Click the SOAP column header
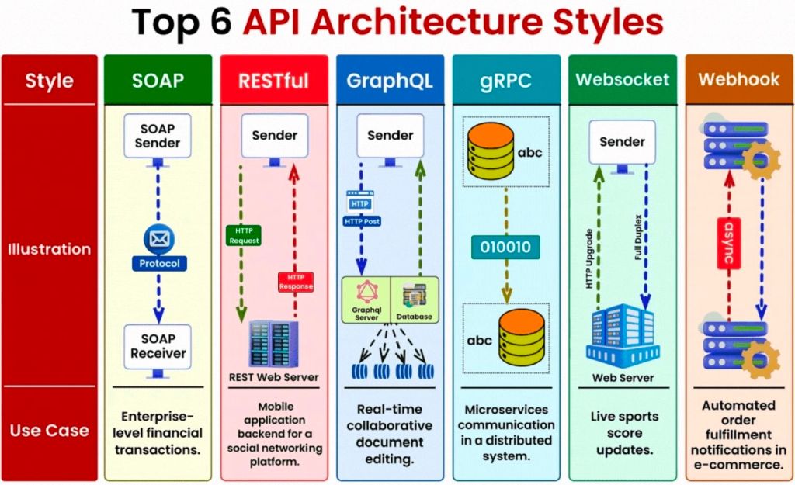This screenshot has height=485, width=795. [x=158, y=81]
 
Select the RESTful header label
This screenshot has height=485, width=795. [x=274, y=81]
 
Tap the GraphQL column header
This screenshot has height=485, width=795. [x=390, y=81]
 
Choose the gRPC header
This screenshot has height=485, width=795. [x=505, y=81]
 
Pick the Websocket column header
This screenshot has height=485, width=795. [x=623, y=81]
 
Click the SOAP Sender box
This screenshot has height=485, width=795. [x=158, y=136]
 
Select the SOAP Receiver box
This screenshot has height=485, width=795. [x=158, y=345]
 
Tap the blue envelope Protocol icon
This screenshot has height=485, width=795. [x=158, y=238]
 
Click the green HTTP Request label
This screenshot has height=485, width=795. [x=243, y=235]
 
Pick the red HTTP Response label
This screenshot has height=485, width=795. [x=295, y=281]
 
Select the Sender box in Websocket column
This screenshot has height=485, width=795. [x=622, y=141]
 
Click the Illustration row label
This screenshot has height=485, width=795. [x=50, y=249]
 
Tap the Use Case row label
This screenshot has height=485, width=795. [x=50, y=430]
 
